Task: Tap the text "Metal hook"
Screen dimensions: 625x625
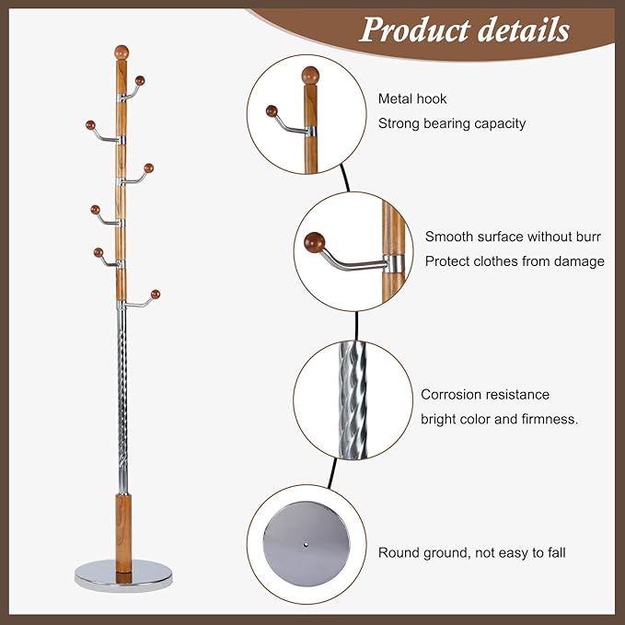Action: [412, 99]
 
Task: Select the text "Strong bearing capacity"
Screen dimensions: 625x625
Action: [452, 123]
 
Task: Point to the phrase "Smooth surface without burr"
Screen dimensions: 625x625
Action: [513, 237]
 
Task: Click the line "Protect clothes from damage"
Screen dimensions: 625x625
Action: [515, 261]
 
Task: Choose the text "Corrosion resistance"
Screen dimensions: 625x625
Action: [485, 395]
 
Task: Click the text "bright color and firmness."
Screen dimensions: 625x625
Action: [499, 419]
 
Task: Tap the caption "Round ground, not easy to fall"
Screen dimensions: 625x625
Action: [472, 553]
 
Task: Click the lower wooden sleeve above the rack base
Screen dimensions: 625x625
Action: [122, 527]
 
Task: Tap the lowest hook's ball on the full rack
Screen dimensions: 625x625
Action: [156, 295]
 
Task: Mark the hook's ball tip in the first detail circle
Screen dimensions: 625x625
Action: [272, 111]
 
